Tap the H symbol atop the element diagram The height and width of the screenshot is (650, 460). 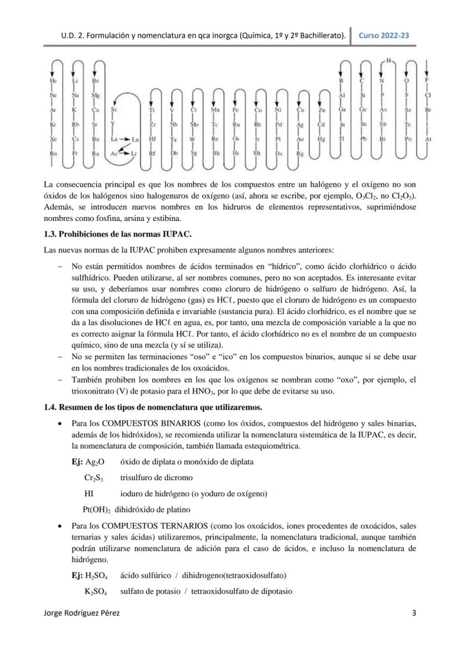pos(389,59)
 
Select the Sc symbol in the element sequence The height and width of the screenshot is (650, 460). pos(114,110)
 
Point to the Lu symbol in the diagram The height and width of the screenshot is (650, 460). pos(135,139)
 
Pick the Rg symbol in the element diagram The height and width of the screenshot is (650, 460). pos(301,153)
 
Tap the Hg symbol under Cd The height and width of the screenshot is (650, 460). pos(321,139)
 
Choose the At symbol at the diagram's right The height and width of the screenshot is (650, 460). pos(428,139)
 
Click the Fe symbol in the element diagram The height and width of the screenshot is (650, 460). pos(236,110)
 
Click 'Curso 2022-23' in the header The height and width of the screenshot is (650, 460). pos(384,36)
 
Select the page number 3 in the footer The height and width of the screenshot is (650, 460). pos(414,613)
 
